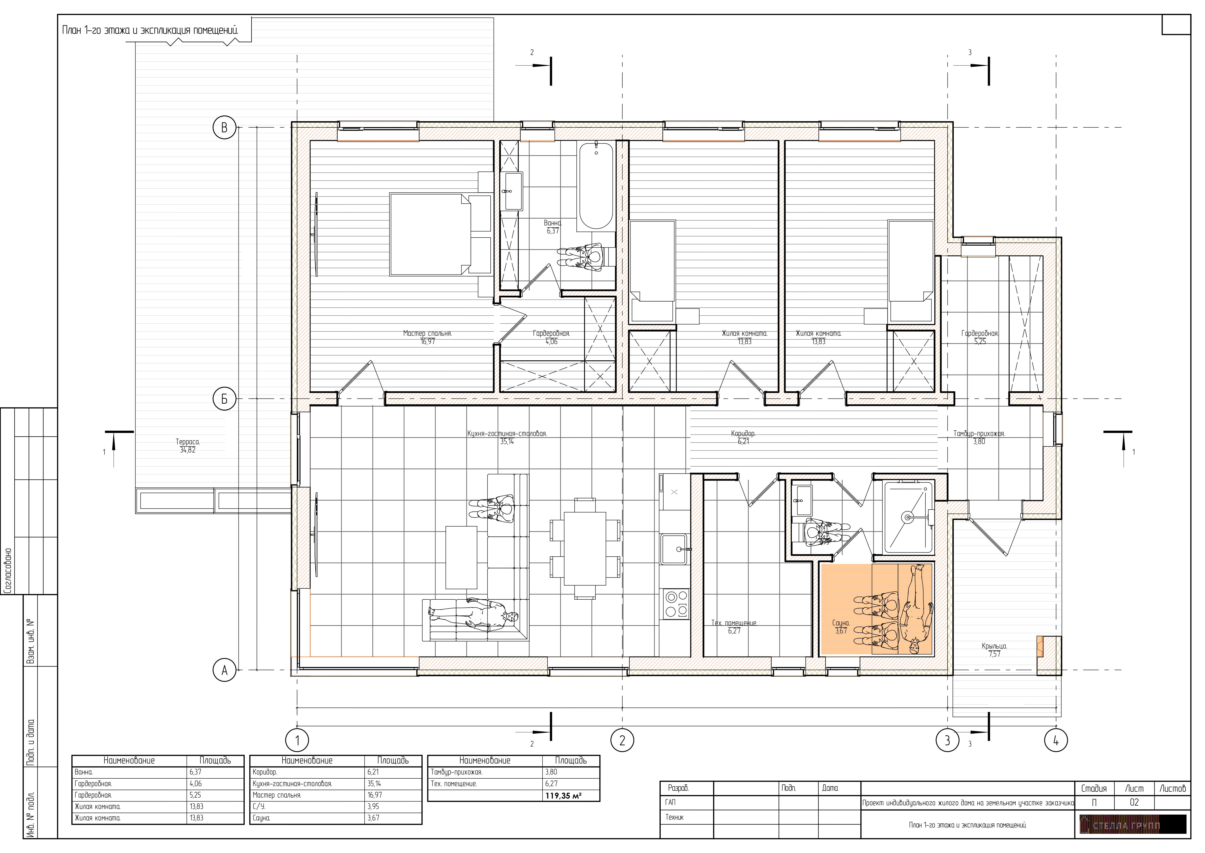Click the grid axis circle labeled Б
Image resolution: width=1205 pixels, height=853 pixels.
[224, 399]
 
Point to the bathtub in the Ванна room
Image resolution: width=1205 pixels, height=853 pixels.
[596, 186]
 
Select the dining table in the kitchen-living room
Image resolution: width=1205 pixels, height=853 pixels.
[585, 548]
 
